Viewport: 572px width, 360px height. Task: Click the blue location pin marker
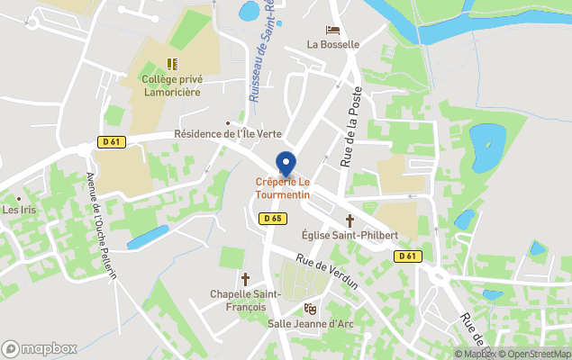pos(286,164)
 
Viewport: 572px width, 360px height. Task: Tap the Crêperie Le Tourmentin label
pos(283,189)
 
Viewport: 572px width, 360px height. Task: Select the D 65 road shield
pos(273,218)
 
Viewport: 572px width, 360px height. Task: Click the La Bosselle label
pos(332,44)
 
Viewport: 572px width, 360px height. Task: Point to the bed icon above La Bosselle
pos(332,30)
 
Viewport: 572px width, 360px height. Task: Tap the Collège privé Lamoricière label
pos(172,85)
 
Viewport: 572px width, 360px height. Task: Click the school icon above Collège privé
pos(172,64)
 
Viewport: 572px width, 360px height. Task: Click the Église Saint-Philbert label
pos(350,235)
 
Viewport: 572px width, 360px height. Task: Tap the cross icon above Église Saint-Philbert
pos(350,220)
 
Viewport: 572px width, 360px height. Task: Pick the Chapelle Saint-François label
pos(246,300)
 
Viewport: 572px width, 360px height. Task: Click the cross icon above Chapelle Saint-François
pos(245,280)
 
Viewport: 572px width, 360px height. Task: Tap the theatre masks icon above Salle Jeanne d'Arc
pos(311,309)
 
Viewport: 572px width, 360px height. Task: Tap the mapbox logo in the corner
pos(40,348)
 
